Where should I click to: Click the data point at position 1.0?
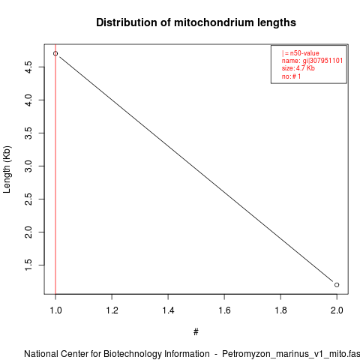click(x=55, y=53)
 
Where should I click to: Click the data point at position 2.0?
click(x=337, y=285)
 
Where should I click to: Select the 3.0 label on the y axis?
click(x=28, y=166)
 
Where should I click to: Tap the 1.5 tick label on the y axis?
click(x=28, y=265)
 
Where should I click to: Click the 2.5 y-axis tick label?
click(x=28, y=199)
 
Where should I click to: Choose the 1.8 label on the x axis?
click(x=280, y=310)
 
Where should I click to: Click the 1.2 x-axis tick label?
click(x=112, y=310)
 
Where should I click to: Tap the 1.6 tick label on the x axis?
click(x=224, y=310)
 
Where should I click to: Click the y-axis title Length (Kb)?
click(x=7, y=169)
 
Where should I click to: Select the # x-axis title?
click(x=196, y=332)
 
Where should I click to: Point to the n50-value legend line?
click(x=301, y=53)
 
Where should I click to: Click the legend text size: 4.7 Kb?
click(x=298, y=68)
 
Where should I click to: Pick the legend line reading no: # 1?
click(x=291, y=76)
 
